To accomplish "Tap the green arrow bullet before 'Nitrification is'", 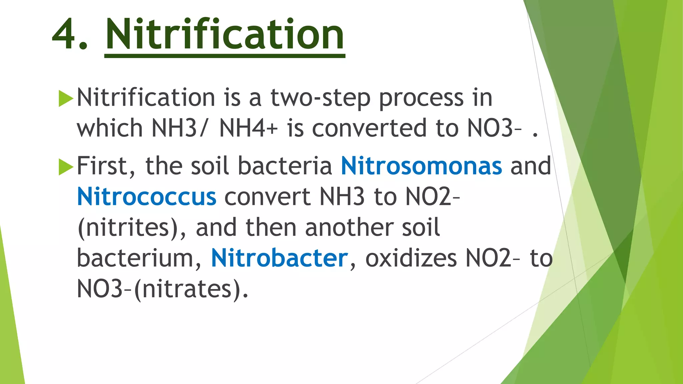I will [x=66, y=99].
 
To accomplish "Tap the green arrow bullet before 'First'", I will [x=66, y=167].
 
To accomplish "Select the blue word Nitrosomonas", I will [x=421, y=166].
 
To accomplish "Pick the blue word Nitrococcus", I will [x=146, y=197].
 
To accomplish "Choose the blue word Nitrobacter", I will [x=279, y=258].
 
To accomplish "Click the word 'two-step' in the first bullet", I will [x=320, y=99].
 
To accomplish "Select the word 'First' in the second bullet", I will [x=106, y=166].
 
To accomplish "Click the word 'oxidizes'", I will [x=411, y=258].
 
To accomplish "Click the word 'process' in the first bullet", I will [x=421, y=99].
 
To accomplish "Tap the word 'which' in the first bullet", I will [x=110, y=129].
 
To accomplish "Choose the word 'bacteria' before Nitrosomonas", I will [x=285, y=166].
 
